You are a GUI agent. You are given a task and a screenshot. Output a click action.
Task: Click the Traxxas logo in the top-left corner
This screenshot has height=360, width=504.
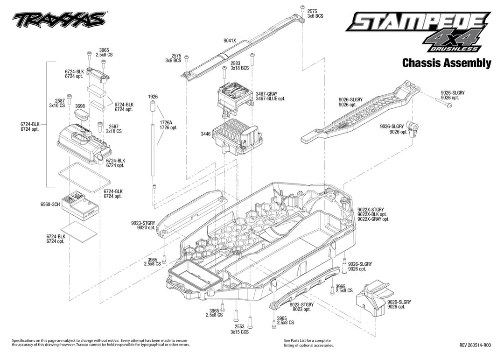(x=59, y=20)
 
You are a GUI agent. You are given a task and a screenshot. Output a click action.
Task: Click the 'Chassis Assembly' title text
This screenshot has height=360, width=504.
(x=447, y=63)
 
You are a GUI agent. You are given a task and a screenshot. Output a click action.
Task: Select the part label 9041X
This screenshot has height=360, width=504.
(x=230, y=41)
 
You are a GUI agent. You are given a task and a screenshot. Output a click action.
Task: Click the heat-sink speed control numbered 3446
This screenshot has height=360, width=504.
(x=238, y=136)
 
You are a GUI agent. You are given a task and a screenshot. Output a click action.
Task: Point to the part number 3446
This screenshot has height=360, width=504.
(x=206, y=134)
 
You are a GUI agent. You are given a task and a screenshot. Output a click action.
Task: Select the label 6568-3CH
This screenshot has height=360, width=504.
(x=50, y=205)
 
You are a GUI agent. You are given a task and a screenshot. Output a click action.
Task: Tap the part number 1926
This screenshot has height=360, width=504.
(x=153, y=97)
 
